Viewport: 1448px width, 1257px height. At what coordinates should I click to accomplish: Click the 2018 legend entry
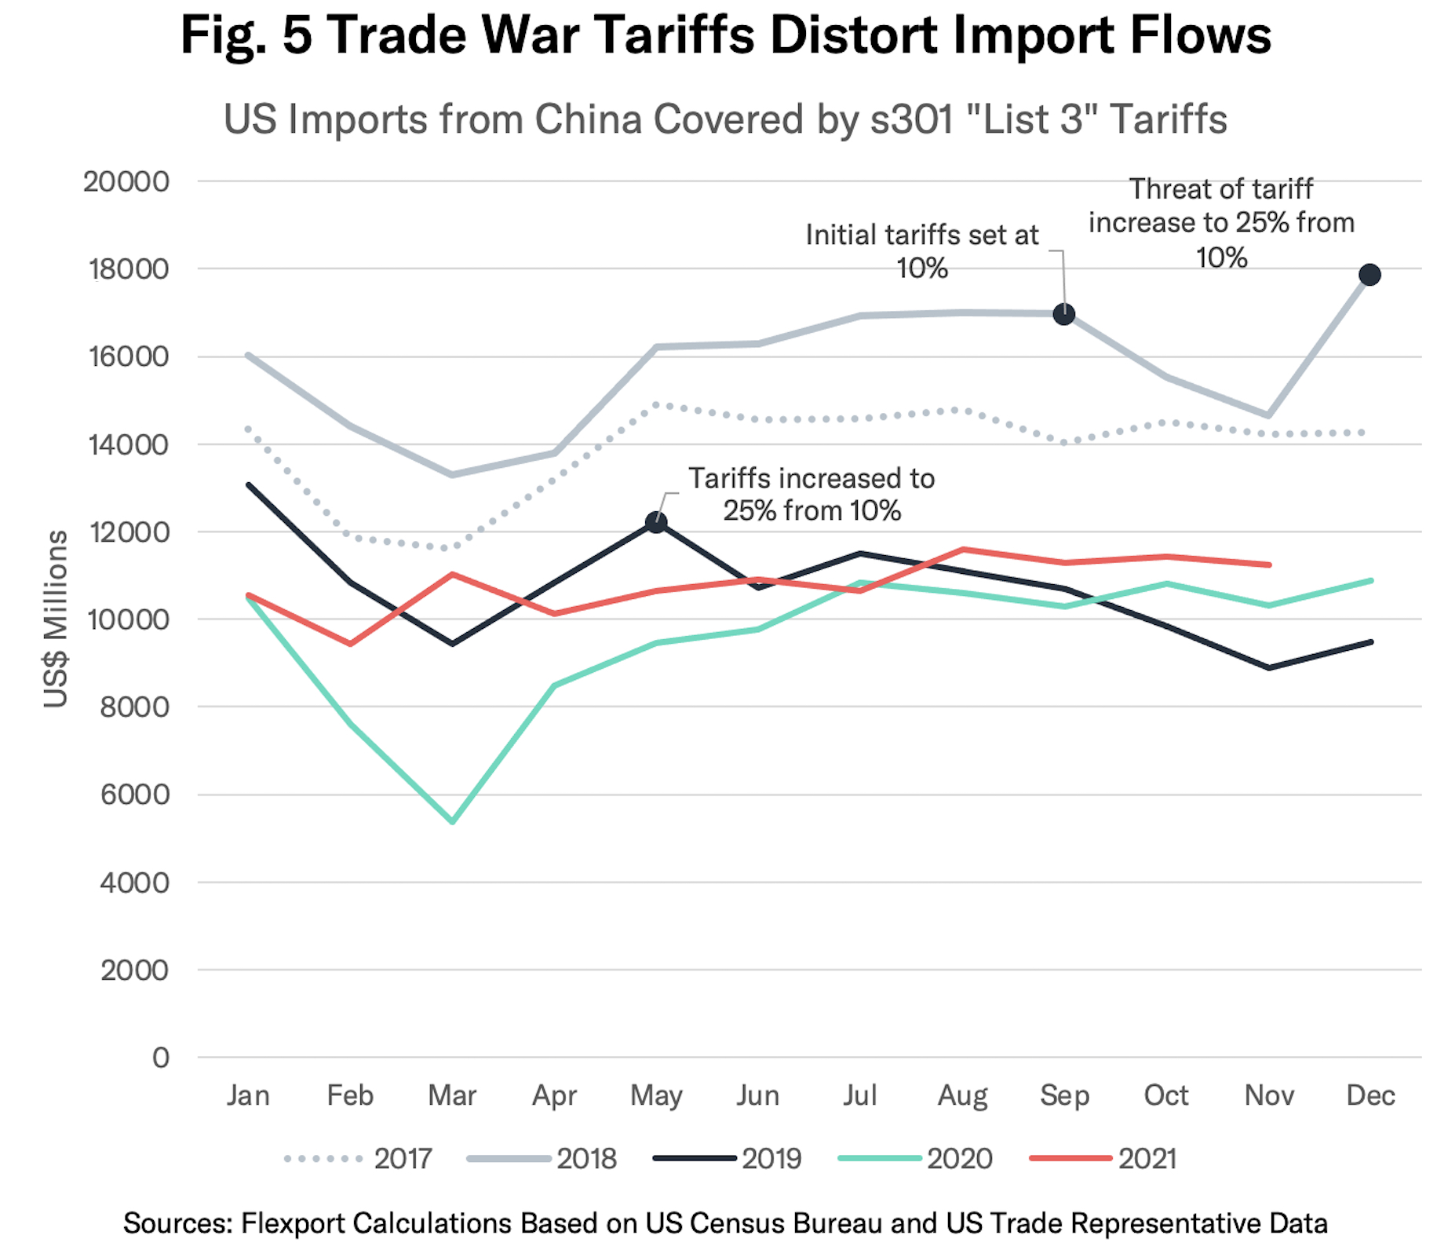click(585, 1159)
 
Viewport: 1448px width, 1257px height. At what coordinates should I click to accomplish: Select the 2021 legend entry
click(1147, 1159)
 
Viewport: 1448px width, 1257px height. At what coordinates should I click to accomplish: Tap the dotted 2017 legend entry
click(402, 1159)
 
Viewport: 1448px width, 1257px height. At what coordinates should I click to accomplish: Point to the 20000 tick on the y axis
click(126, 181)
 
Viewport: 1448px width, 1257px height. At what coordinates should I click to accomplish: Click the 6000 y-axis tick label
click(134, 795)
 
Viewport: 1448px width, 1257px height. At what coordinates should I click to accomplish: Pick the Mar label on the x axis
click(452, 1095)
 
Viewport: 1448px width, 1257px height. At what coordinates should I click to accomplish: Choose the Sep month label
click(1064, 1095)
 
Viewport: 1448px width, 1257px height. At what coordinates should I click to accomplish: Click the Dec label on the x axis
click(1370, 1095)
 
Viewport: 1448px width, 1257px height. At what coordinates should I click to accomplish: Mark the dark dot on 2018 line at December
click(1370, 275)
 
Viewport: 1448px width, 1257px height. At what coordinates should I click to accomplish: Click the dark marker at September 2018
click(1064, 314)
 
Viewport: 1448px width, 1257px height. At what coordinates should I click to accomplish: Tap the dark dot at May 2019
click(656, 522)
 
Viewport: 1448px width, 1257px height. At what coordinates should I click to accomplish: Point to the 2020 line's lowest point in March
click(452, 821)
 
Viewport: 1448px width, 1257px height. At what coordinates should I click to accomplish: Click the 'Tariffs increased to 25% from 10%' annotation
click(812, 495)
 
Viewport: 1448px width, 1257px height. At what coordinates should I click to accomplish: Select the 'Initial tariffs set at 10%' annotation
click(922, 251)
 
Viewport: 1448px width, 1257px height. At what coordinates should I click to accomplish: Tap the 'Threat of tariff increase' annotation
click(1221, 222)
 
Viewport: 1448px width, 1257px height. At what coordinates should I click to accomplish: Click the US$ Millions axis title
click(56, 619)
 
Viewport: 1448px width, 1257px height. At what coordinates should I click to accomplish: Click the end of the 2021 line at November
click(1268, 565)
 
